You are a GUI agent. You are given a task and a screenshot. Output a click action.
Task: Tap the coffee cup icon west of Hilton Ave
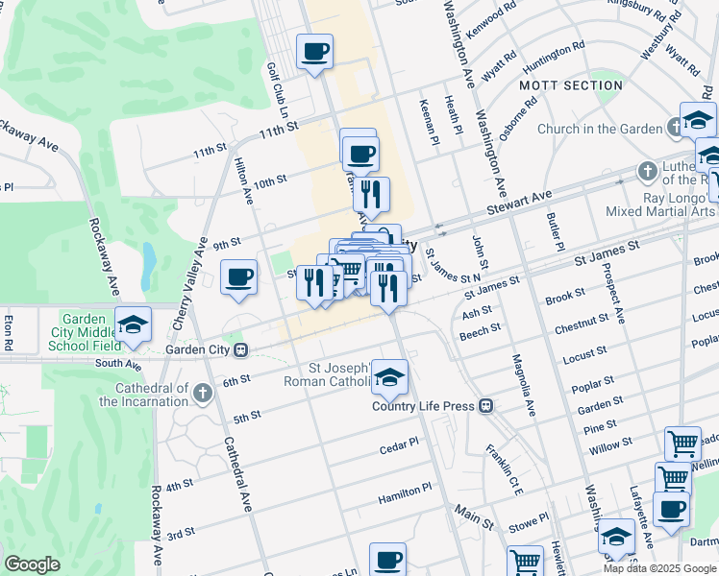point(238,277)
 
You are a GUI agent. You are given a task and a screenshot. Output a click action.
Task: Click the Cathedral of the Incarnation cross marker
point(202,392)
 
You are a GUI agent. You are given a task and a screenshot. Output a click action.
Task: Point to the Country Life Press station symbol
point(487,406)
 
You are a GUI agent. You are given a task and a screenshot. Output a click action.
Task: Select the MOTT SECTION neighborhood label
point(571,85)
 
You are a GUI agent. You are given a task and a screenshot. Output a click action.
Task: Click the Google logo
point(32,564)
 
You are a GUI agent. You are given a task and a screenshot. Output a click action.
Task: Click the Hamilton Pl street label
point(405,490)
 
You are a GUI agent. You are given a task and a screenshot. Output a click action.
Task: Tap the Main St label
point(474,518)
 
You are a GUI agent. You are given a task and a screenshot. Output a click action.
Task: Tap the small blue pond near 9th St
point(148,256)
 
